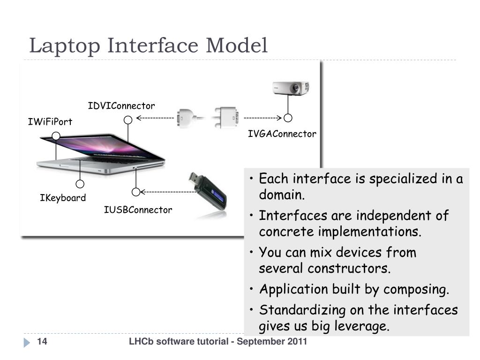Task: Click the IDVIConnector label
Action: (x=121, y=106)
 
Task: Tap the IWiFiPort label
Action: (x=50, y=122)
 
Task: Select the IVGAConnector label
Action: (x=282, y=134)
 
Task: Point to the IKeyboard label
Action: (x=63, y=198)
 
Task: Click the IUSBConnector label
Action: (x=138, y=210)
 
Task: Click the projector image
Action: (x=291, y=88)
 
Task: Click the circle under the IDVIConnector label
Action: (x=127, y=120)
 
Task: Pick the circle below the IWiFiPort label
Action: (x=56, y=136)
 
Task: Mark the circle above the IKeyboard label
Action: (x=80, y=184)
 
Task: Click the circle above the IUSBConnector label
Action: (x=136, y=191)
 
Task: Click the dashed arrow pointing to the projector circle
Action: (x=262, y=118)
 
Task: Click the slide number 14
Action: (x=42, y=342)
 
